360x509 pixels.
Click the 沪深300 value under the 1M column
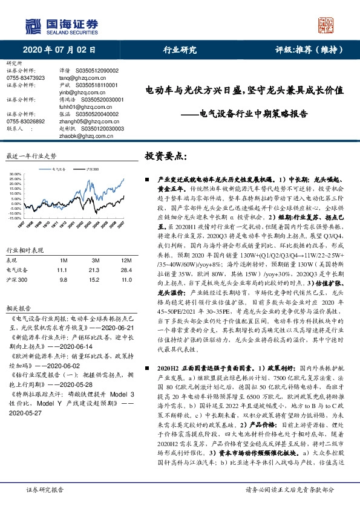(62, 264)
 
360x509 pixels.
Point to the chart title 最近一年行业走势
(31, 155)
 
